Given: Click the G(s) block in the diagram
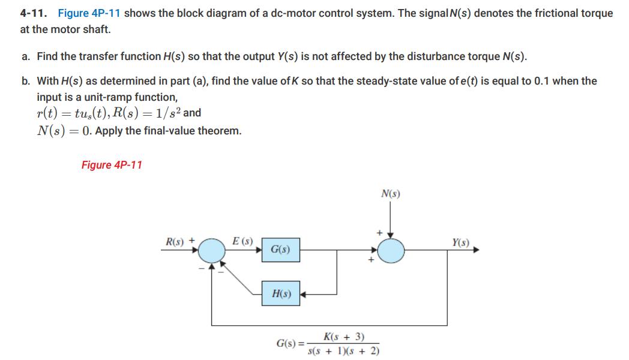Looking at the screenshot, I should [x=280, y=249].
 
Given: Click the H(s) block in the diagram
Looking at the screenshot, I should [x=280, y=294].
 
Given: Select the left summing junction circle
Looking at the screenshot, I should [x=211, y=250].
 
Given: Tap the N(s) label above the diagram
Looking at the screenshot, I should [x=391, y=194].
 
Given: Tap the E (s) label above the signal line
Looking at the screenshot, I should [x=242, y=241].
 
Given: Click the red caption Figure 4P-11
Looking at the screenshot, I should [x=112, y=165].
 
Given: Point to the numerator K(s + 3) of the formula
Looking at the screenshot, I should [x=343, y=337].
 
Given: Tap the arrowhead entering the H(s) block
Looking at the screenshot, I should [x=304, y=294].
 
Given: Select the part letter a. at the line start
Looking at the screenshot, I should [x=26, y=56].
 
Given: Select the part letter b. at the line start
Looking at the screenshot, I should [x=26, y=81].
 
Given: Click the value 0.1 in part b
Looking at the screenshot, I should [x=540, y=81].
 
